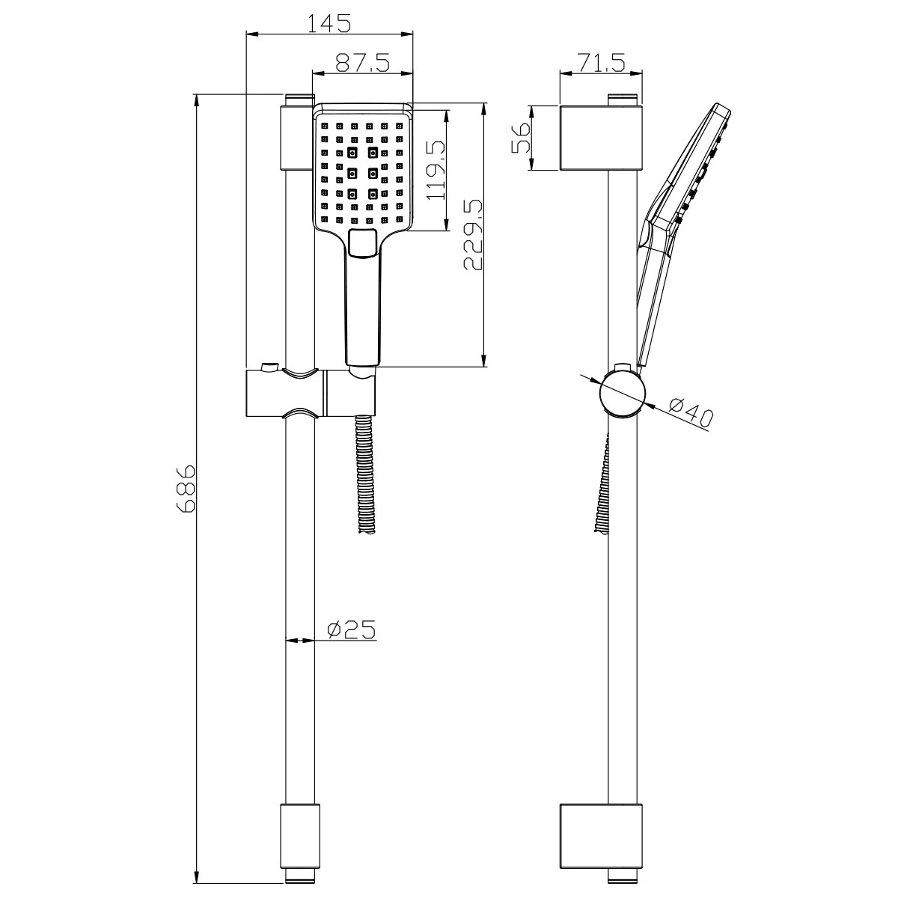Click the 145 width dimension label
pyautogui.click(x=329, y=23)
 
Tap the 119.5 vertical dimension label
pyautogui.click(x=436, y=171)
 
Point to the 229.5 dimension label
pyautogui.click(x=473, y=235)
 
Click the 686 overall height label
pyautogui.click(x=186, y=489)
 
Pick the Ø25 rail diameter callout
pyautogui.click(x=351, y=630)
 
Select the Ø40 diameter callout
pyautogui.click(x=691, y=412)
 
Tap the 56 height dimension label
pyautogui.click(x=521, y=138)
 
